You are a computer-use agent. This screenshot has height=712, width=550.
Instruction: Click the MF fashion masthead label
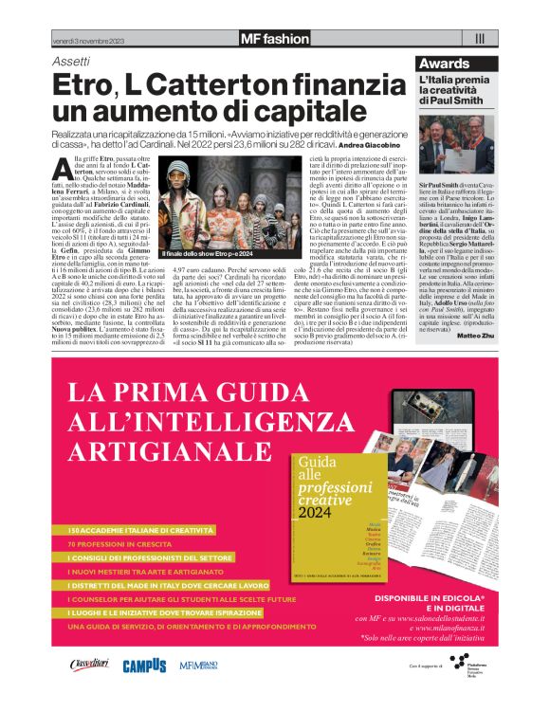pos(275,39)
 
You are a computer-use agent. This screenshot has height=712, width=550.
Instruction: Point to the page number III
pos(480,39)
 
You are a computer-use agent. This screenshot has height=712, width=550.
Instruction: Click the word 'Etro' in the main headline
pos(84,85)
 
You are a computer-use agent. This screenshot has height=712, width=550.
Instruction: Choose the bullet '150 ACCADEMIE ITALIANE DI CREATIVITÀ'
pos(139,529)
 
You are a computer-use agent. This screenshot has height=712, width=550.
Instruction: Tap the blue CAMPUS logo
pos(144,666)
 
